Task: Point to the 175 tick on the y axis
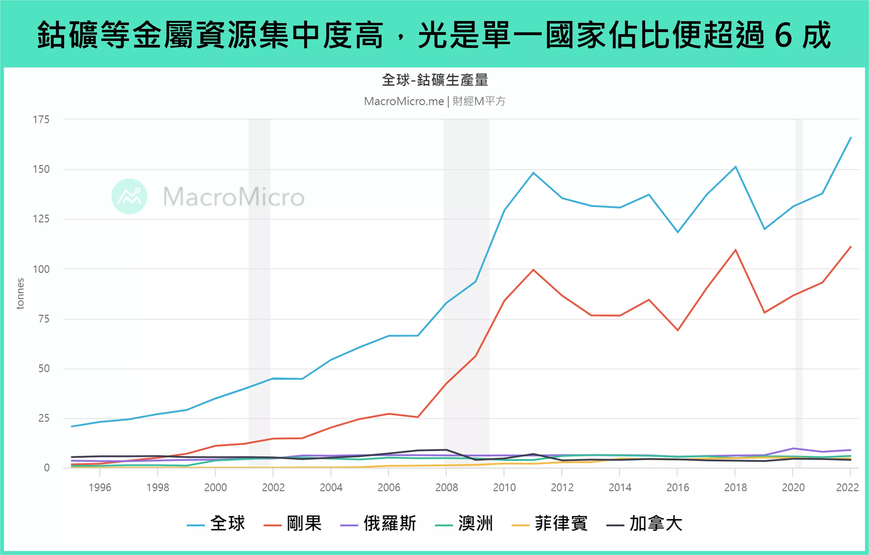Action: click(41, 119)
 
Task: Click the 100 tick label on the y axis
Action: click(41, 269)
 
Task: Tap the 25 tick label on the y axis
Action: click(44, 418)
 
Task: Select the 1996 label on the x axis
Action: click(100, 487)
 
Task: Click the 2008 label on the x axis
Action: click(446, 487)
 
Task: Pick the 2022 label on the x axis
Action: click(847, 487)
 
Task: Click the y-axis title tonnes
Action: click(20, 293)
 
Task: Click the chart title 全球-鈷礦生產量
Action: click(435, 80)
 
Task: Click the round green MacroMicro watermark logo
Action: click(129, 196)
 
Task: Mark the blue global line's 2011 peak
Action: click(533, 173)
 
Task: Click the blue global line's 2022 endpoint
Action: click(851, 137)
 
